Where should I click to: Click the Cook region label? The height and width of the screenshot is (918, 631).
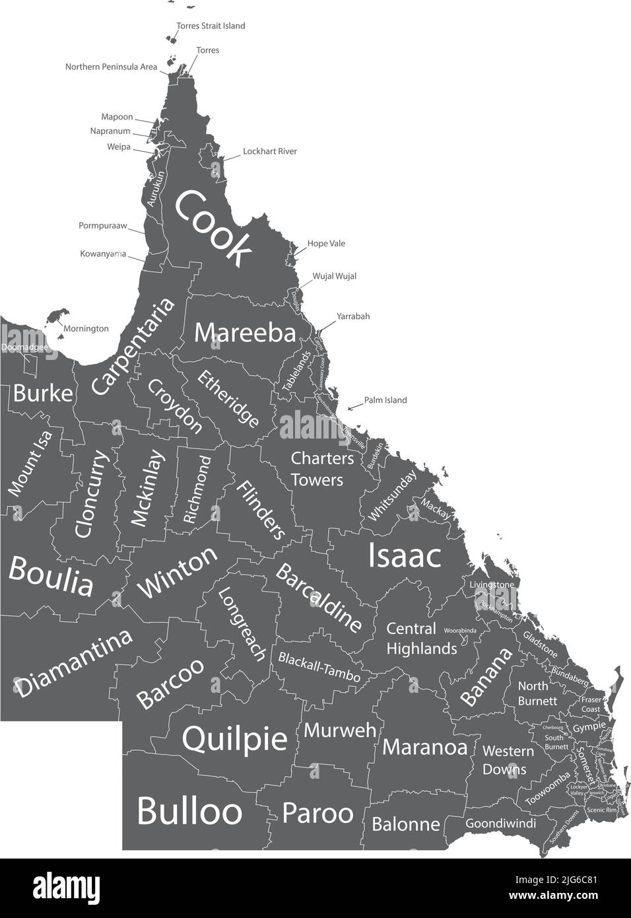[x=213, y=227]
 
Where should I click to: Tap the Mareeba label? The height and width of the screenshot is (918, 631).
[x=245, y=333]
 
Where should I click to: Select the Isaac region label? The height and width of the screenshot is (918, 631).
[x=404, y=555]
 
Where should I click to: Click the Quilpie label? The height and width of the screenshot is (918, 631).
[x=234, y=738]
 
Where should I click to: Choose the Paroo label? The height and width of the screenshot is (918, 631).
[x=317, y=813]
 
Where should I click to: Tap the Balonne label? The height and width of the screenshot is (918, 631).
[x=406, y=824]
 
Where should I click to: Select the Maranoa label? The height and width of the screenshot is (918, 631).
[x=424, y=747]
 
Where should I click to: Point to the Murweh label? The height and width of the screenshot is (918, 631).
[x=341, y=730]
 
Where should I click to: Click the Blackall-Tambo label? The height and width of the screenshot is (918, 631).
[x=319, y=667]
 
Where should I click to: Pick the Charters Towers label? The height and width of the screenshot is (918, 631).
[x=322, y=468]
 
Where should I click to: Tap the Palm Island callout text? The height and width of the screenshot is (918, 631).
[x=385, y=400]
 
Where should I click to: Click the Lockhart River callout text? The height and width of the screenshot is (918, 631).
[x=269, y=151]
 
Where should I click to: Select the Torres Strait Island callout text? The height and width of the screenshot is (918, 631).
[x=211, y=26]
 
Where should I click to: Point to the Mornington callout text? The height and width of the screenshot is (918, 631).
[x=86, y=328]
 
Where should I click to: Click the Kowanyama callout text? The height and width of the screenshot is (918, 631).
[x=103, y=254]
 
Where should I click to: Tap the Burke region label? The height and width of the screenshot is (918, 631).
[x=43, y=394]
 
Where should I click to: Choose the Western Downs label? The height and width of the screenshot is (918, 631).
[x=508, y=759]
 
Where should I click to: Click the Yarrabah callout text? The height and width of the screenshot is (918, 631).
[x=353, y=316]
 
